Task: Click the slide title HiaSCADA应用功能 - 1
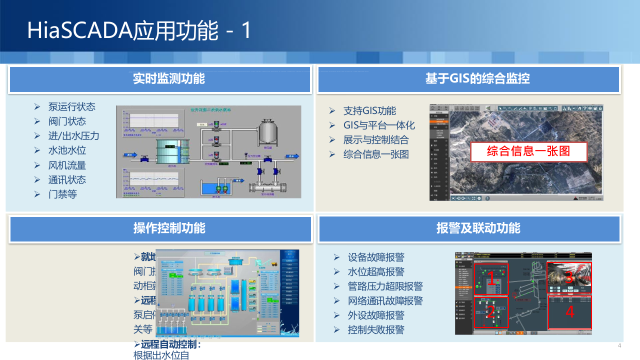139,30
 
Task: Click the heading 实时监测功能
169,78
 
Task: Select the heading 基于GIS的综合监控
477,78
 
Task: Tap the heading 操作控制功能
169,228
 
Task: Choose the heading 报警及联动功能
478,228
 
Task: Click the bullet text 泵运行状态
71,106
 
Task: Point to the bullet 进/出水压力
73,135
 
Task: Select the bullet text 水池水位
67,150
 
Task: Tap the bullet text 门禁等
62,194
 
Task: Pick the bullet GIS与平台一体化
378,125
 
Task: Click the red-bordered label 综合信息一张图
528,151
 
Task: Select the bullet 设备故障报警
376,257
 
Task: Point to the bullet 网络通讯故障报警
385,301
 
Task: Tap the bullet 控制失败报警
376,330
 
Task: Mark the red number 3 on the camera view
569,276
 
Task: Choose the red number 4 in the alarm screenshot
569,312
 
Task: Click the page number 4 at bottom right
619,346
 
